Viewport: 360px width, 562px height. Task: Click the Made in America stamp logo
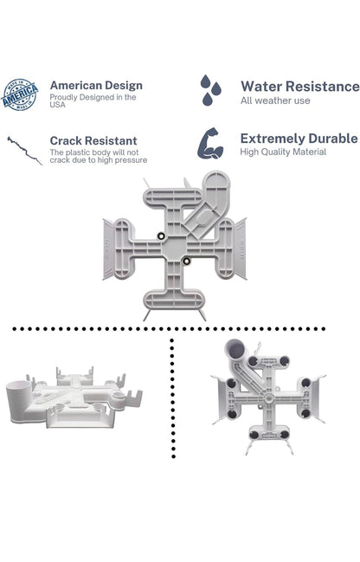click(20, 94)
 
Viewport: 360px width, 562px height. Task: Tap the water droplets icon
click(210, 90)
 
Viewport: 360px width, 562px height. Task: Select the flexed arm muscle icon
click(210, 144)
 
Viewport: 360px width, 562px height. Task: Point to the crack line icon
click(24, 151)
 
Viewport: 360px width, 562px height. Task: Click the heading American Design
click(96, 86)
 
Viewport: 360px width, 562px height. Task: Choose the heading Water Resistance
click(299, 87)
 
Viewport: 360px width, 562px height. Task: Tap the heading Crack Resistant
click(93, 140)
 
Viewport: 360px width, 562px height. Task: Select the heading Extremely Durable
click(299, 139)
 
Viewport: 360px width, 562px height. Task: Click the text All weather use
click(275, 100)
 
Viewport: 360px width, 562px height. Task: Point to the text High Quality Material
click(283, 152)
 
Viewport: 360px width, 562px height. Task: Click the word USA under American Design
click(57, 105)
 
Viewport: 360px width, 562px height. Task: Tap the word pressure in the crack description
click(131, 160)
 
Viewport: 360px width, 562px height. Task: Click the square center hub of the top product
click(174, 248)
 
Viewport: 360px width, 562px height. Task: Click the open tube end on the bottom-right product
click(235, 350)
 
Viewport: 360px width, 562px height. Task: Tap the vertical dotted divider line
click(173, 397)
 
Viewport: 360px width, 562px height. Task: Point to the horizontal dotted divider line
click(169, 329)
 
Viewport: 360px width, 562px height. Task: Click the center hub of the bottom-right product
click(268, 397)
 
